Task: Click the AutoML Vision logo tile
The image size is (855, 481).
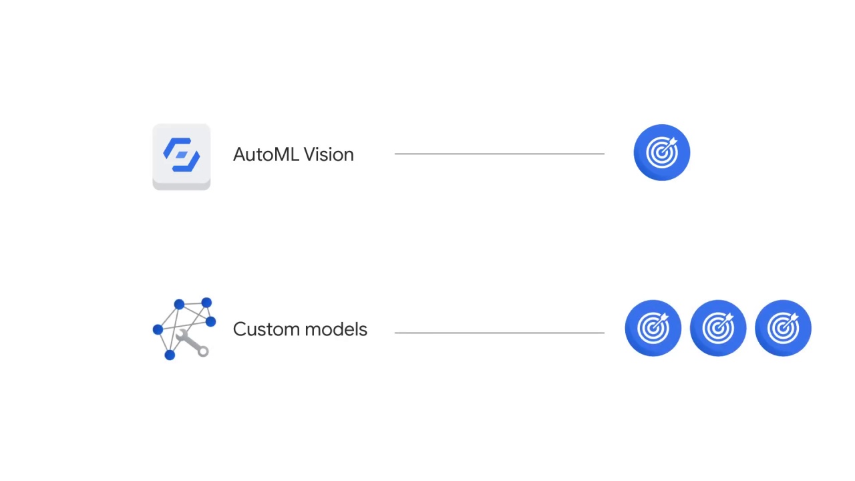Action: tap(181, 156)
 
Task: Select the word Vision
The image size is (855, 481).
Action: tap(329, 154)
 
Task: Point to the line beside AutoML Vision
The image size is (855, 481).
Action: tap(499, 154)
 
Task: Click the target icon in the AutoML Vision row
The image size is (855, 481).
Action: tap(661, 152)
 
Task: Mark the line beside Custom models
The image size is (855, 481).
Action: tap(499, 332)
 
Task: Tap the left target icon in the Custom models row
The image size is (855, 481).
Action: tap(653, 328)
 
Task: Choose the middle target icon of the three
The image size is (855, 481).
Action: tap(717, 328)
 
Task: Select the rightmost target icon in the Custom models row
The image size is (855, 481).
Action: tap(782, 328)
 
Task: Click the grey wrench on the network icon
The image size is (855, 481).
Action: tap(192, 344)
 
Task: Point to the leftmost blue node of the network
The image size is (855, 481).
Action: tap(158, 329)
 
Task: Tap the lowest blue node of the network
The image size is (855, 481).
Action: tap(170, 355)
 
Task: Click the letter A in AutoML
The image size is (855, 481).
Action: tap(239, 154)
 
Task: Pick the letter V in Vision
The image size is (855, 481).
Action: tap(309, 154)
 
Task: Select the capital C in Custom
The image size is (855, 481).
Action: tap(239, 329)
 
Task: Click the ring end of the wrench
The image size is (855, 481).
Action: tap(203, 351)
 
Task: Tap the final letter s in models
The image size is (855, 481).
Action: tap(363, 330)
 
